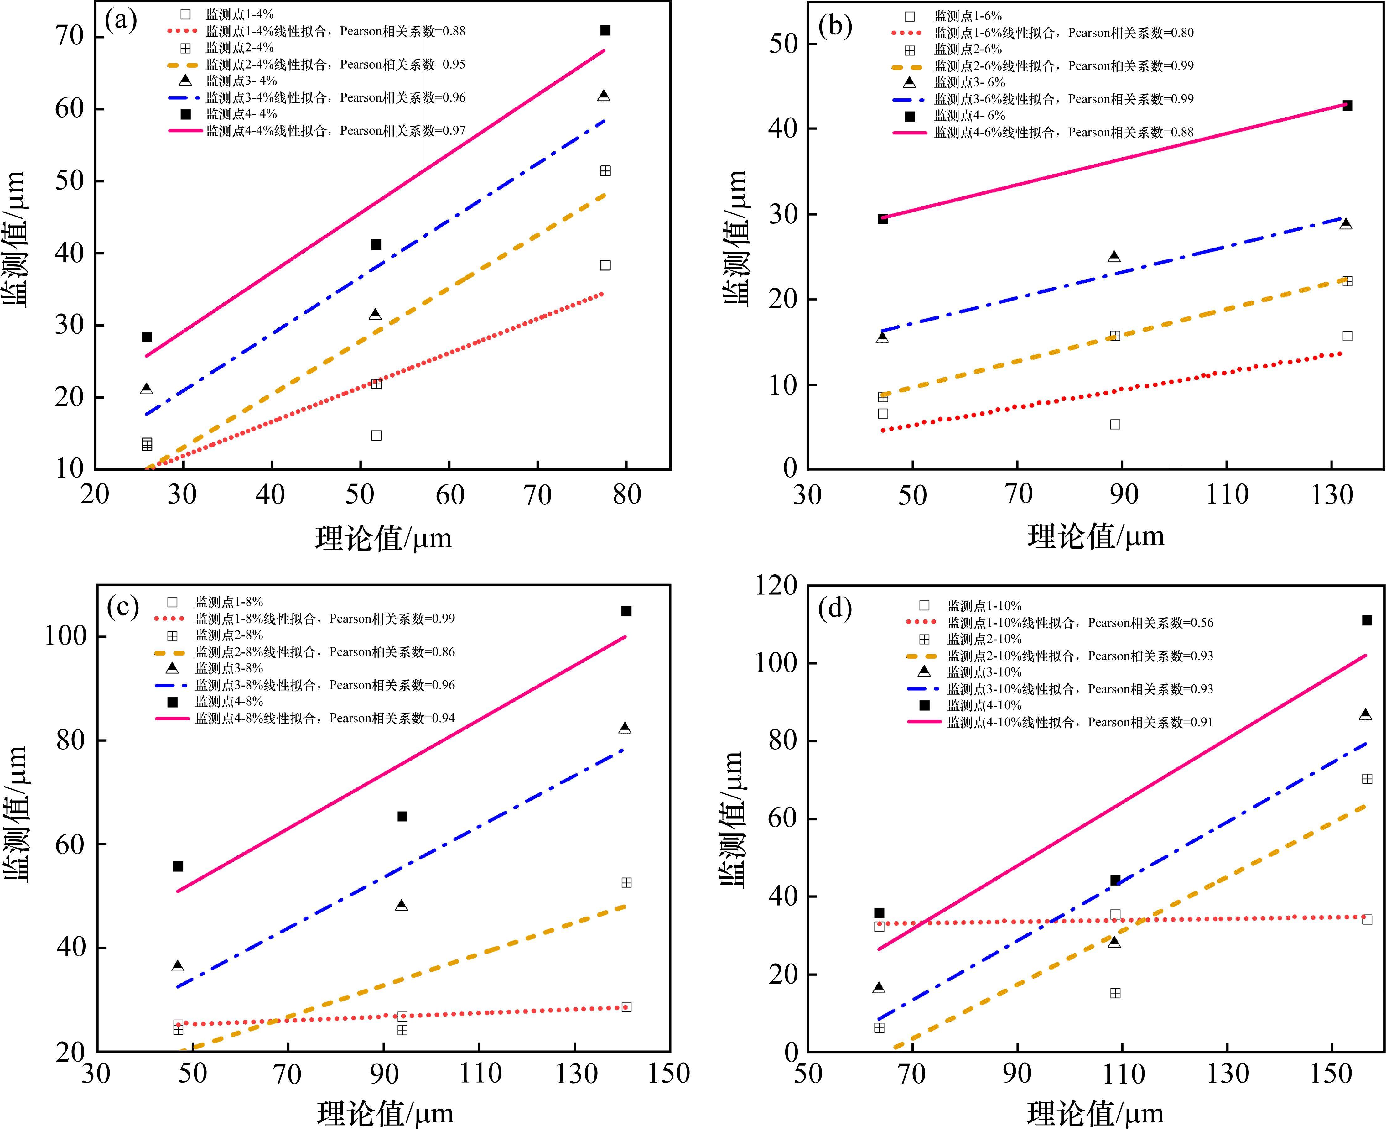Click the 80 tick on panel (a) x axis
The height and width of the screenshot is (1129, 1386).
(626, 495)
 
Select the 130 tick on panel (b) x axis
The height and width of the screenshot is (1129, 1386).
(1331, 495)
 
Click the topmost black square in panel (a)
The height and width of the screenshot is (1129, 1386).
(605, 31)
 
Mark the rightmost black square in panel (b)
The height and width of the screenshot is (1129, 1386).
(1347, 105)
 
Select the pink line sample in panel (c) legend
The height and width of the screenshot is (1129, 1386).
(172, 719)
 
